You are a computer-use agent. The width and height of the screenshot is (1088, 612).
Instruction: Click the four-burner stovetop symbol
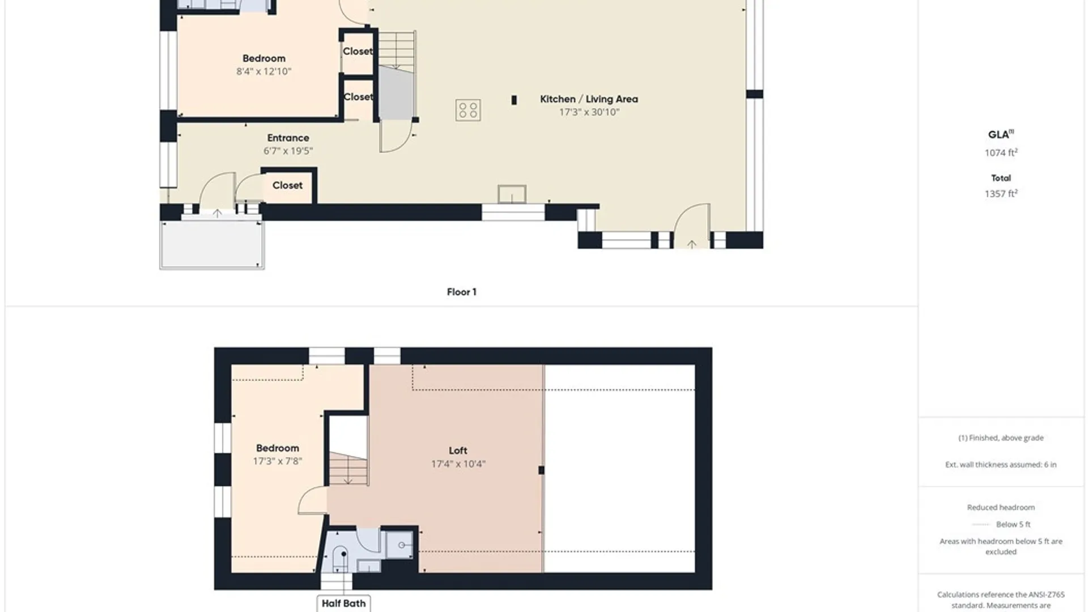[468, 110]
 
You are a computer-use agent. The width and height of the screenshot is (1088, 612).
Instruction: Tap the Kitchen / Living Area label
[589, 99]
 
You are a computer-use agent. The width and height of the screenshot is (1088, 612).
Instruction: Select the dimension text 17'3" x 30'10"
[589, 112]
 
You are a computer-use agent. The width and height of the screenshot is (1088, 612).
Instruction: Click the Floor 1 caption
[461, 292]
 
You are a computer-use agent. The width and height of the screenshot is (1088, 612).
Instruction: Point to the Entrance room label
[288, 138]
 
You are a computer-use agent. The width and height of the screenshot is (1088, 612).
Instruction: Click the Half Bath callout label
[343, 603]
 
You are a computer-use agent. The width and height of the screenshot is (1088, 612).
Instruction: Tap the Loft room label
[458, 450]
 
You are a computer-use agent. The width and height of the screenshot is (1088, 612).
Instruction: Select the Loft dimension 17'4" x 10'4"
[458, 464]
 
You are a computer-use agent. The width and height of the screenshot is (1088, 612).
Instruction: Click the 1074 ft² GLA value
[1001, 152]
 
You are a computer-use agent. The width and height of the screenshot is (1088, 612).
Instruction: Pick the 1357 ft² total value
[1001, 193]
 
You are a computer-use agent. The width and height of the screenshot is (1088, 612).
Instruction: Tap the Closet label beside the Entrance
[287, 185]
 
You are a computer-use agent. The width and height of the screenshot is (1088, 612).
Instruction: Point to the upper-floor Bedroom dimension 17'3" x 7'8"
[277, 461]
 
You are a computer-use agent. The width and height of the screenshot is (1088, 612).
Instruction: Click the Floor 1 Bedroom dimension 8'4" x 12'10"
[263, 71]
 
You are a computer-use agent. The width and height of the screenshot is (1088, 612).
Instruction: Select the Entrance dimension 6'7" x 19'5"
[288, 151]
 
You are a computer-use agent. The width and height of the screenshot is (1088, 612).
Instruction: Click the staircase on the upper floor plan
[348, 468]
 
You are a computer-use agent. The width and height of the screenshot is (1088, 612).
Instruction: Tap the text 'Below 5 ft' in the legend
[1013, 524]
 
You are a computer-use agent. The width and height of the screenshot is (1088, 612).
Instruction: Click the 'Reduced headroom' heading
[1001, 507]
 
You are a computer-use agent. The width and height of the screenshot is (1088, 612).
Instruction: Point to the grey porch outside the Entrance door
[212, 245]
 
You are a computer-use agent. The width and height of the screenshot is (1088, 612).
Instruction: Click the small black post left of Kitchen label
[514, 100]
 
